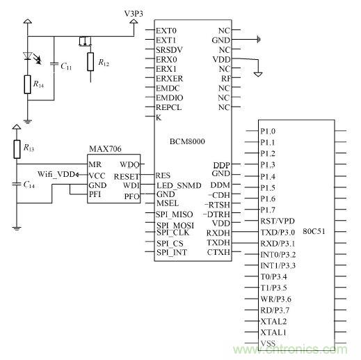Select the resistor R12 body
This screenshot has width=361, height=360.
click(x=90, y=61)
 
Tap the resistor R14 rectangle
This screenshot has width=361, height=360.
click(x=27, y=86)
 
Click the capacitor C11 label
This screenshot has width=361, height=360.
click(x=65, y=66)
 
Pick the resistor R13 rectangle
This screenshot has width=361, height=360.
click(x=17, y=148)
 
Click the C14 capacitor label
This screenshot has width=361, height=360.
click(x=29, y=185)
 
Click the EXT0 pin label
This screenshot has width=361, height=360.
click(x=167, y=31)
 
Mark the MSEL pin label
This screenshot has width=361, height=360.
click(x=167, y=203)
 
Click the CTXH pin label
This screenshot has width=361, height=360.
click(x=219, y=251)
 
